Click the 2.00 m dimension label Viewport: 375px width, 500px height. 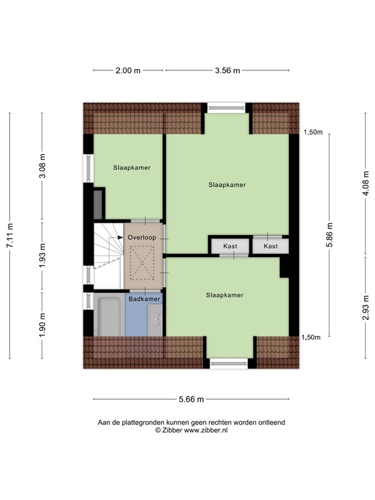tap(129, 71)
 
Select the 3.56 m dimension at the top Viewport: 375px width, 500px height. tap(227, 71)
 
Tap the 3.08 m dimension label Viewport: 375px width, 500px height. tap(43, 166)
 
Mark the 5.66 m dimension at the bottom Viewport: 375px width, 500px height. tap(191, 399)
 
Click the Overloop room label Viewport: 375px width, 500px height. tap(141, 238)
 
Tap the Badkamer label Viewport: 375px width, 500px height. tap(144, 299)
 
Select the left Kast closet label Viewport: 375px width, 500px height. tap(230, 246)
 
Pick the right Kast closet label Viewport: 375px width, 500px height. tap(271, 246)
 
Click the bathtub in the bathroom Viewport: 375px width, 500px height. tap(108, 316)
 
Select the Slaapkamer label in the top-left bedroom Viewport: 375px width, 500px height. tap(132, 167)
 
